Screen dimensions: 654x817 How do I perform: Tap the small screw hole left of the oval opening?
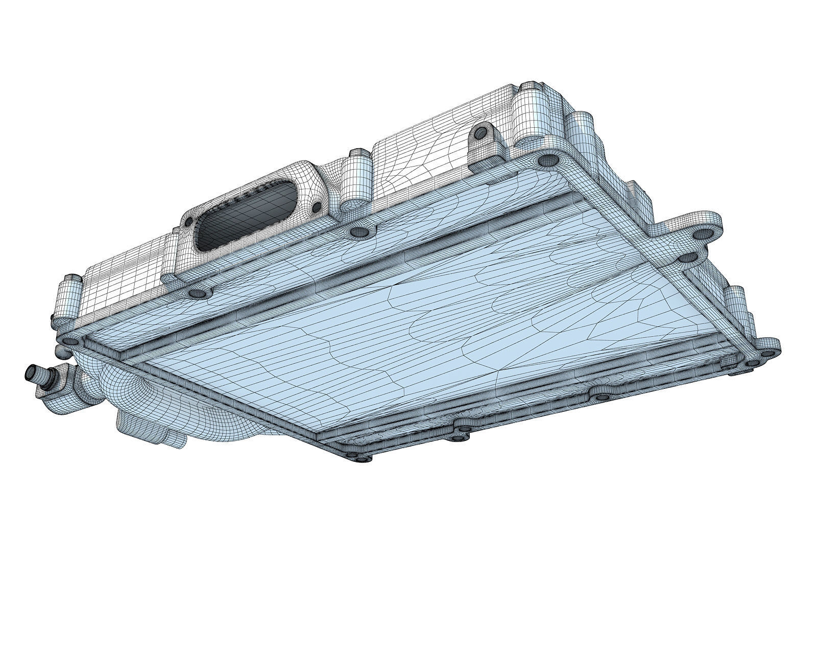coord(188,222)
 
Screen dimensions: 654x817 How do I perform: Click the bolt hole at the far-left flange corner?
coord(70,341)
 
